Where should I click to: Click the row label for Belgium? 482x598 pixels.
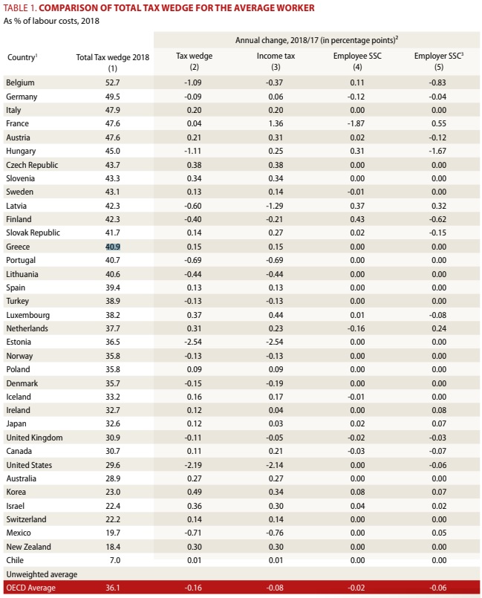click(20, 82)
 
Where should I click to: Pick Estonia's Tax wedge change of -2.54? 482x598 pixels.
click(193, 342)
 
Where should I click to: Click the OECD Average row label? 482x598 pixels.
click(30, 588)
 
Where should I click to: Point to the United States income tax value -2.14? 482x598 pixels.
click(273, 465)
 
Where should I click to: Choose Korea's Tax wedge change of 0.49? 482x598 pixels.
click(193, 493)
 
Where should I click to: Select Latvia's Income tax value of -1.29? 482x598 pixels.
click(273, 206)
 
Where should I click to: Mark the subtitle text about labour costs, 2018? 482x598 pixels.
click(51, 20)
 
